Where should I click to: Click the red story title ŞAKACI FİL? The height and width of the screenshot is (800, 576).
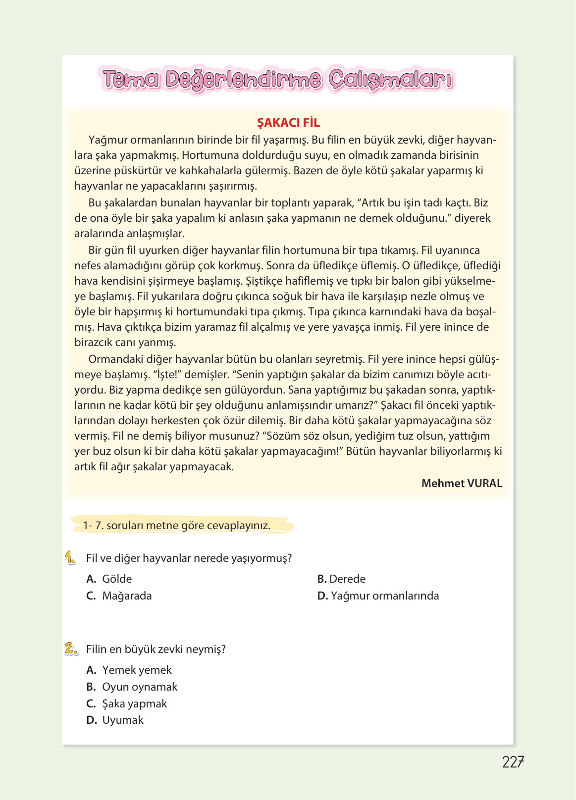288,123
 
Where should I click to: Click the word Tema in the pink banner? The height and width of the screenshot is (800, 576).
131,80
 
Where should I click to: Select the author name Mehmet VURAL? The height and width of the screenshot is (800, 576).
461,483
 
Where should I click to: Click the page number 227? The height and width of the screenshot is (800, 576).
513,762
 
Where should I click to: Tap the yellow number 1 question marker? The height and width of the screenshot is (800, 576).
70,558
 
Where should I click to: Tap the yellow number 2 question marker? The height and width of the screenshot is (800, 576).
71,649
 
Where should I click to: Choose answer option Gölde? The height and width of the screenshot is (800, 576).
117,579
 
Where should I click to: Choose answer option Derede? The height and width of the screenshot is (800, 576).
347,579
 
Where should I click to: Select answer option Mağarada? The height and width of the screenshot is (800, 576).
127,596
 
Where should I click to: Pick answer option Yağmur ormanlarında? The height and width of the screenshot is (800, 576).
384,596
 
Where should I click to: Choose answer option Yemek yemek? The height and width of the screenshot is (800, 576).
137,670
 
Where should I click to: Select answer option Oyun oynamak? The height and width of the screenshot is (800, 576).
139,687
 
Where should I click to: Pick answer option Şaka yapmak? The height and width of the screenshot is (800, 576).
134,703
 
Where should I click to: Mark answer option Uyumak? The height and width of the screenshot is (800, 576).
122,720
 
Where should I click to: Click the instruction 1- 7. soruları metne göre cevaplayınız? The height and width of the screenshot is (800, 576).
177,525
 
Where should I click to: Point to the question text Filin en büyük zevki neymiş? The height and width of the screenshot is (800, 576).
156,649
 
